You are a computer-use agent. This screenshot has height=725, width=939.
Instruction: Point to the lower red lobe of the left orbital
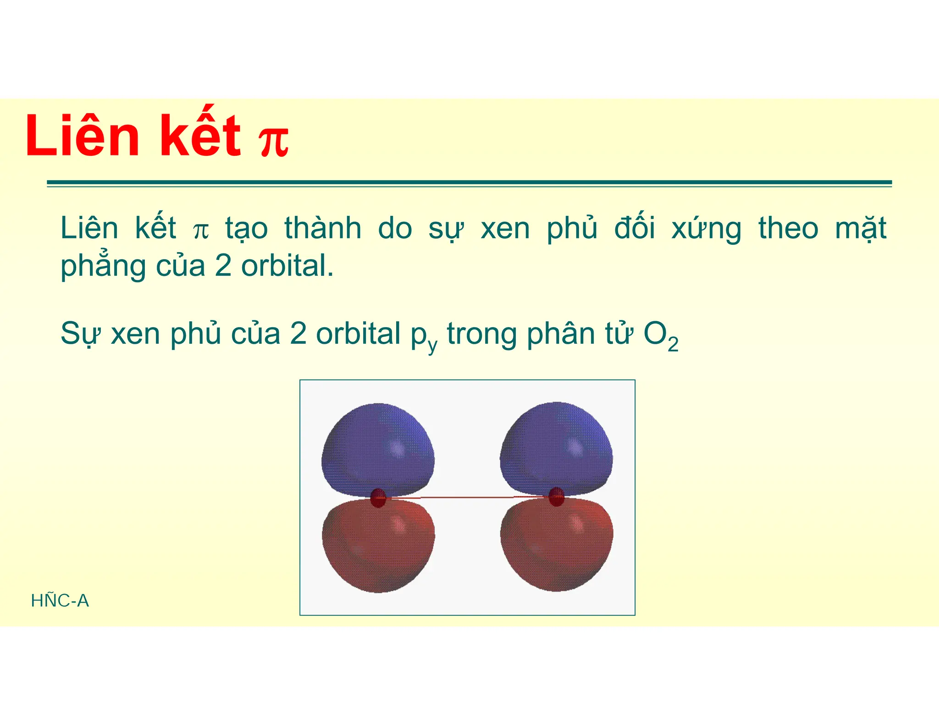tap(378, 545)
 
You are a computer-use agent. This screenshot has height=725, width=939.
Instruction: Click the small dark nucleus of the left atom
tap(378, 498)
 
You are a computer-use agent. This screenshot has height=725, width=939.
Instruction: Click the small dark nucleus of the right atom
tap(556, 497)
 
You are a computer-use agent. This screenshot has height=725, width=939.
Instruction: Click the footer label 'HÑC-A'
tap(60, 600)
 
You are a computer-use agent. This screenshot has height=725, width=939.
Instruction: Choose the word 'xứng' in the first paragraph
tap(706, 229)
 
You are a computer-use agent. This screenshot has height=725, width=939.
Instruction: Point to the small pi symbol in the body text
tap(201, 231)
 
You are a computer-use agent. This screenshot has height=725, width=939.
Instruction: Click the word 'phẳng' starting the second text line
tap(103, 266)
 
